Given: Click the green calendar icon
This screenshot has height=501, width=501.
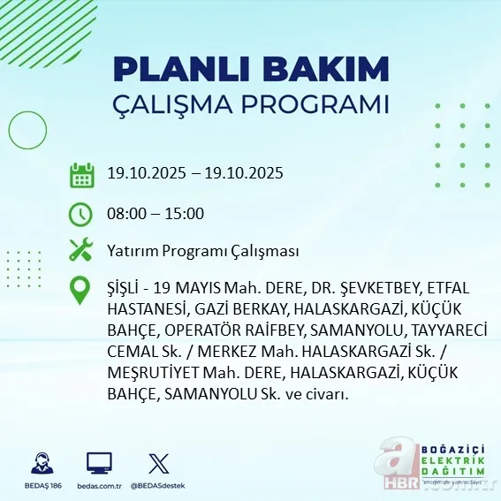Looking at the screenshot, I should coord(81,174).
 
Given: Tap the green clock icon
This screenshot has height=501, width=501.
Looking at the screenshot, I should coord(81,213).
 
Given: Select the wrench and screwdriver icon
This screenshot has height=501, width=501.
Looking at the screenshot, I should coord(81,250).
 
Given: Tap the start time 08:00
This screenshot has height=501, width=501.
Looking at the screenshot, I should coord(125,213).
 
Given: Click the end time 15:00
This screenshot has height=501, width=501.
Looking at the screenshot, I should coord(185,213).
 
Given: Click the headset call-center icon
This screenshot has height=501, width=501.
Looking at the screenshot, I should coord(40,464).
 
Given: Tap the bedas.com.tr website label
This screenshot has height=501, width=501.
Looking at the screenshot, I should coord(99,486).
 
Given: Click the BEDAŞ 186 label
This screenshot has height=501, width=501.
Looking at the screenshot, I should coord(40,486).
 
